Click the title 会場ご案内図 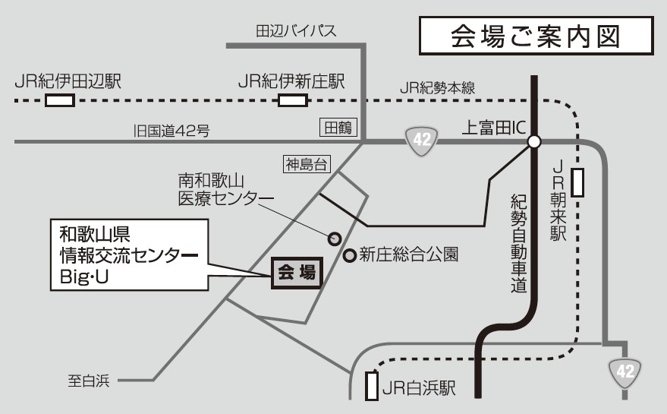pyautogui.click(x=536, y=36)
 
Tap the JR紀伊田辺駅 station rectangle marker pyautogui.click(x=60, y=101)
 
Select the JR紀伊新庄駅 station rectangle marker pyautogui.click(x=293, y=101)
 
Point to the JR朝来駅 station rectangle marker pyautogui.click(x=578, y=183)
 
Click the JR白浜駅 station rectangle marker pyautogui.click(x=371, y=386)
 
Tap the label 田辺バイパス pyautogui.click(x=295, y=31)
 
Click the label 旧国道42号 pyautogui.click(x=167, y=131)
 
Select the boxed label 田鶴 pyautogui.click(x=337, y=128)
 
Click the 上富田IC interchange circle pyautogui.click(x=533, y=141)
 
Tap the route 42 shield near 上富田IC pyautogui.click(x=421, y=141)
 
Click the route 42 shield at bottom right pyautogui.click(x=625, y=371)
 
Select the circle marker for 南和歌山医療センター pyautogui.click(x=332, y=239)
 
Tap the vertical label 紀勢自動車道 pyautogui.click(x=518, y=243)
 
